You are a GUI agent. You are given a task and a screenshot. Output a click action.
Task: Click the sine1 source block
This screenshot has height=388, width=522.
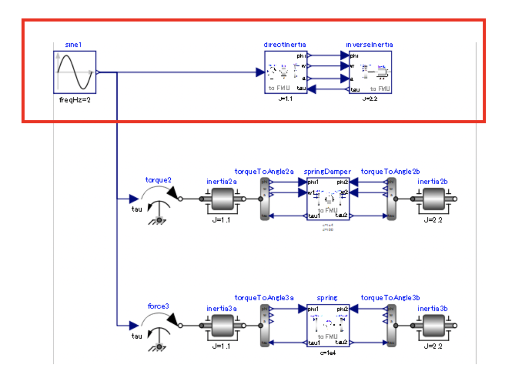tap(75, 72)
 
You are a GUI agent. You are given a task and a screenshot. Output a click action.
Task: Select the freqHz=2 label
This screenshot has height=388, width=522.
tap(75, 100)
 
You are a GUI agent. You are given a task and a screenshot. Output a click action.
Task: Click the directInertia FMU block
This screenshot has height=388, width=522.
tap(285, 72)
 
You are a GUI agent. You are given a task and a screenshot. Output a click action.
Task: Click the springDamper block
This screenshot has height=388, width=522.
tap(328, 199)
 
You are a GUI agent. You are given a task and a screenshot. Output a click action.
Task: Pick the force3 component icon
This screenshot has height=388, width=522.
tap(159, 327)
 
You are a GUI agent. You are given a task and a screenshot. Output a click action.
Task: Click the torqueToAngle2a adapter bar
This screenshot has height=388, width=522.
tap(264, 199)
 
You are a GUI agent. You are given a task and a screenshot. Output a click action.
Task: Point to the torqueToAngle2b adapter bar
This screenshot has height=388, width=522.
tap(391, 199)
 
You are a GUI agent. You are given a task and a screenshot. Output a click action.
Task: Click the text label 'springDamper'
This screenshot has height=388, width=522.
tap(327, 171)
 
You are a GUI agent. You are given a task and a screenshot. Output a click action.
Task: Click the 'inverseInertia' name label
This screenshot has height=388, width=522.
tap(369, 45)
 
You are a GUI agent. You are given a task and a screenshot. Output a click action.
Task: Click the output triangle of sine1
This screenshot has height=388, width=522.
tap(98, 72)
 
